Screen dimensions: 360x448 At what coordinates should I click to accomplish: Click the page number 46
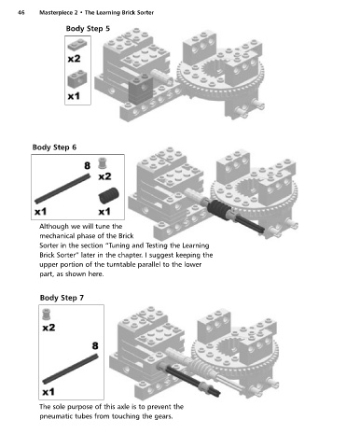click(21, 12)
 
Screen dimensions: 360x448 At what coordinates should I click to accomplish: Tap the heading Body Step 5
click(88, 29)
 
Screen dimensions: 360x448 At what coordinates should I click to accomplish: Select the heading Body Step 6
click(54, 147)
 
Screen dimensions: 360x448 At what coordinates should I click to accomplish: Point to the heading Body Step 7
click(62, 298)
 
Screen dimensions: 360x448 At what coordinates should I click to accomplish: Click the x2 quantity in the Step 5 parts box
click(74, 59)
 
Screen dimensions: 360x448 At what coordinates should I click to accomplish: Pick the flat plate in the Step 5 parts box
click(77, 45)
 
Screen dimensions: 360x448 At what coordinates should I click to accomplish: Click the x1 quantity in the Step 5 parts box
click(74, 96)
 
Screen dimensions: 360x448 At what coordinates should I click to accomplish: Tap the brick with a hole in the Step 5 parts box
click(77, 79)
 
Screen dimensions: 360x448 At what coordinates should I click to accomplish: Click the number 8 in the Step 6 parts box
click(88, 165)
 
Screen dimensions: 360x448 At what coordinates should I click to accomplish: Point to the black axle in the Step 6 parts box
click(62, 189)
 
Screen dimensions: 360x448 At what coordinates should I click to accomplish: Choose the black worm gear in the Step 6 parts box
click(108, 196)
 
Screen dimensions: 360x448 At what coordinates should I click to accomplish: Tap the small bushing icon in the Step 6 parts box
click(103, 163)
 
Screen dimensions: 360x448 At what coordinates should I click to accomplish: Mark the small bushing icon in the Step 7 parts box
click(47, 315)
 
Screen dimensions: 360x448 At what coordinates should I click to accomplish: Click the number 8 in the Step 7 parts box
click(95, 346)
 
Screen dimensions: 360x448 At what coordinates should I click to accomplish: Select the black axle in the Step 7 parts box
click(70, 370)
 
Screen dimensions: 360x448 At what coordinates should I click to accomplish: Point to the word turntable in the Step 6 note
click(121, 264)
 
